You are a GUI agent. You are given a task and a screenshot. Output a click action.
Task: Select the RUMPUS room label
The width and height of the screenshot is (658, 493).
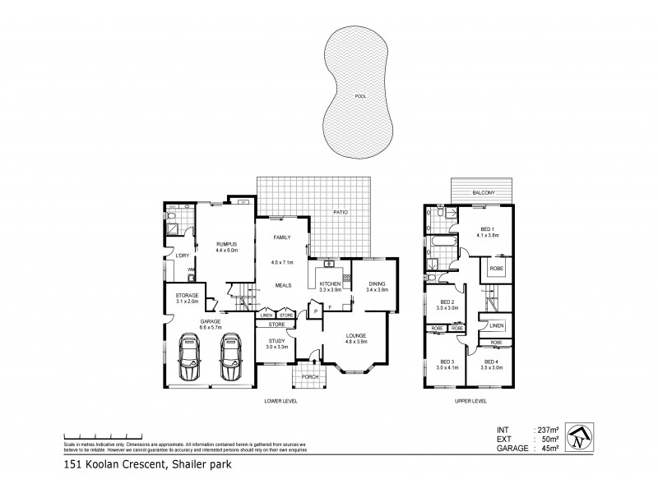(x=226, y=243)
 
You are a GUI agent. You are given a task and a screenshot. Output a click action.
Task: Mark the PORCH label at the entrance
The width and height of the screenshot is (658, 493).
(x=309, y=376)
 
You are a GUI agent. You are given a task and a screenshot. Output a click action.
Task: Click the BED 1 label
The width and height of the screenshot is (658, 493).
(x=487, y=229)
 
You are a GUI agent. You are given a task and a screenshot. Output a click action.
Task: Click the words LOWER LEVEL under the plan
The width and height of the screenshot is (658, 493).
(x=280, y=401)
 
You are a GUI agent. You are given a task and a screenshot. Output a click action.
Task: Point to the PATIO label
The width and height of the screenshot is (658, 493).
(x=341, y=213)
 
